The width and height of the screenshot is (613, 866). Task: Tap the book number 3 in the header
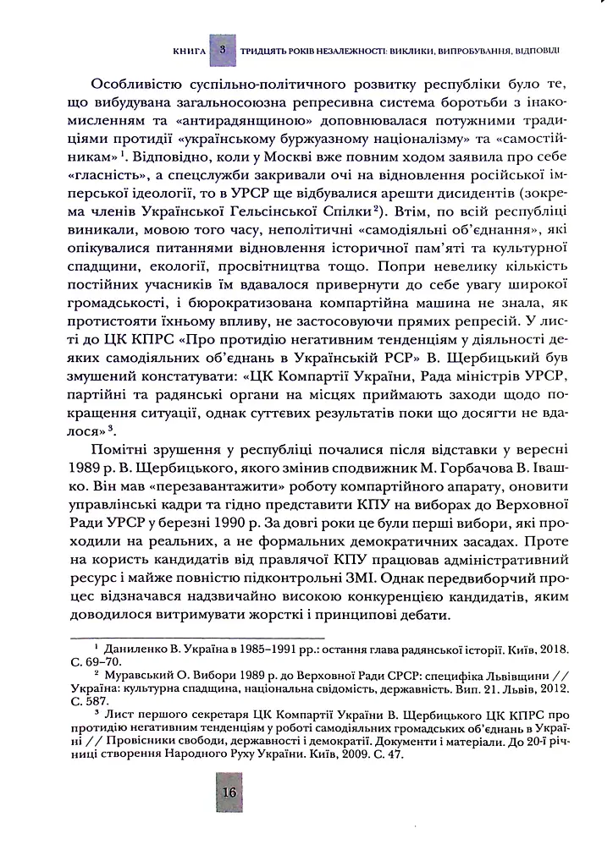point(223,51)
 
